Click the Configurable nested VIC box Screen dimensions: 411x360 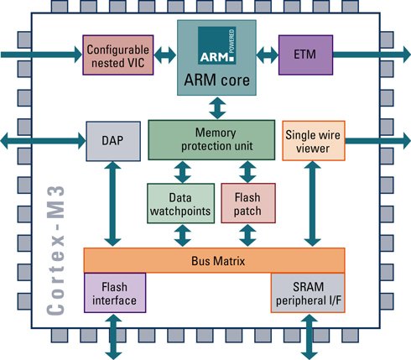118,55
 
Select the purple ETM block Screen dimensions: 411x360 305,55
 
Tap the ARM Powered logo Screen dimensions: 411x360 217,45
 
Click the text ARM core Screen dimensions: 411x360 216,81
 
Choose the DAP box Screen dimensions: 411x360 113,141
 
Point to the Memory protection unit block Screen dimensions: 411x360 211,140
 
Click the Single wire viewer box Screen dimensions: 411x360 314,141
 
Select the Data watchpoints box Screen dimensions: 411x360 180,203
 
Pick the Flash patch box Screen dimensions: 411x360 248,203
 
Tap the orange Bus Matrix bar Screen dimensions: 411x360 214,260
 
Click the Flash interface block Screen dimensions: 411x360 115,293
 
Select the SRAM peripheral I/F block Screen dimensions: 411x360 308,293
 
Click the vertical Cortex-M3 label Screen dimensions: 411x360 56,250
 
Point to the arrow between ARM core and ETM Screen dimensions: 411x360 268,55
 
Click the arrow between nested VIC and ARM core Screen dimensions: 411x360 165,55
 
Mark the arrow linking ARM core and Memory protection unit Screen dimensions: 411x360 217,108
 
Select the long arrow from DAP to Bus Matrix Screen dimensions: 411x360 112,204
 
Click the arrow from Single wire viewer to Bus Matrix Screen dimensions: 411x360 312,204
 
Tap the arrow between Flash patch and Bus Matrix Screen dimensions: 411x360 247,236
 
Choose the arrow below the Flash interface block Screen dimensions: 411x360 114,337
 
